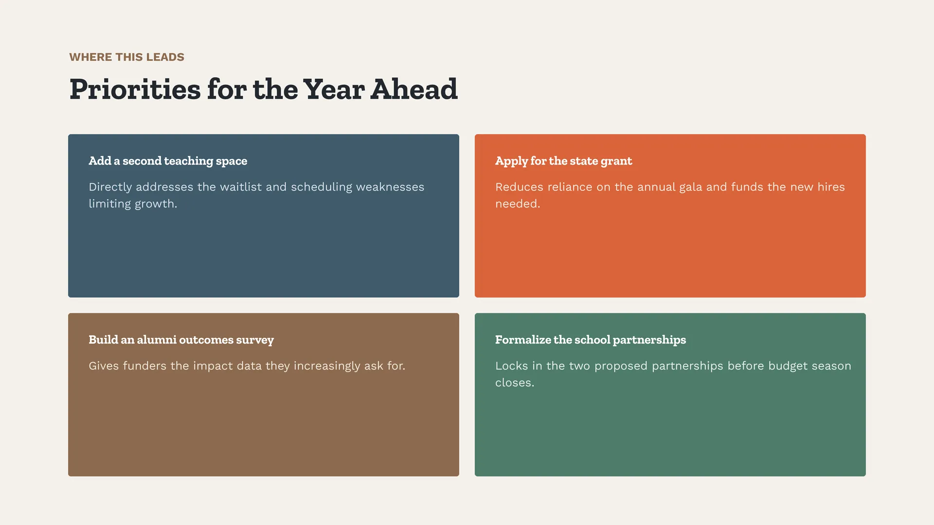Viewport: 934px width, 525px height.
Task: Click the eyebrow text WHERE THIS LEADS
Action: (127, 57)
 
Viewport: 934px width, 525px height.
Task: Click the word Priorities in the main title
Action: (135, 89)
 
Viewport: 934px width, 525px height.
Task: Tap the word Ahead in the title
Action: (414, 89)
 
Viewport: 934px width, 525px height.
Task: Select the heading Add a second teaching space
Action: (168, 161)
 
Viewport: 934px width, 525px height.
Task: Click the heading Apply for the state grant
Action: (564, 161)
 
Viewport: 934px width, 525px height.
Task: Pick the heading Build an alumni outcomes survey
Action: (181, 340)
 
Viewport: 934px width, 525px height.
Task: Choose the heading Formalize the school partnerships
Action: (591, 340)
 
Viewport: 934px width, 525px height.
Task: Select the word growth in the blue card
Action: (156, 204)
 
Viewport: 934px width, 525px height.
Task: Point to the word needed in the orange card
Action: (518, 204)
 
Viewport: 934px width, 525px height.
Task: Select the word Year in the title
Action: (334, 89)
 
